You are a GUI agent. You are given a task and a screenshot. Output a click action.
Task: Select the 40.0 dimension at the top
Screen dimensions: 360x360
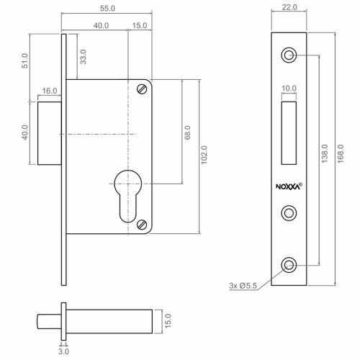pyautogui.click(x=100, y=25)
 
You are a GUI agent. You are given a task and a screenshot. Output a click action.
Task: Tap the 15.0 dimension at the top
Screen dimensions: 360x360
pyautogui.click(x=140, y=25)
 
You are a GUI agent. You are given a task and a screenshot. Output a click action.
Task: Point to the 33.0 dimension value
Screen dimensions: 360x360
pyautogui.click(x=83, y=57)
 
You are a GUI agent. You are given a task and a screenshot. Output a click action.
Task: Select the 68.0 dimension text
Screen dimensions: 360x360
pyautogui.click(x=187, y=133)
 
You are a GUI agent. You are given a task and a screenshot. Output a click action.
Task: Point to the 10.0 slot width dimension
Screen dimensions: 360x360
pyautogui.click(x=288, y=89)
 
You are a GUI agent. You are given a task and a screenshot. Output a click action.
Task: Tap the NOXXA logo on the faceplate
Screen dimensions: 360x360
pyautogui.click(x=289, y=185)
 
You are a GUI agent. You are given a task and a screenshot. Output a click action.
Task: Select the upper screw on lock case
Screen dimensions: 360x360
pyautogui.click(x=141, y=89)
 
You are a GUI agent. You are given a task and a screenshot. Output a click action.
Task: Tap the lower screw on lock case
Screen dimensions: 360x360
pyautogui.click(x=141, y=224)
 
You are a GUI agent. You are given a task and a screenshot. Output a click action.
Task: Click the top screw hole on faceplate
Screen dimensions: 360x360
pyautogui.click(x=289, y=55)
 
